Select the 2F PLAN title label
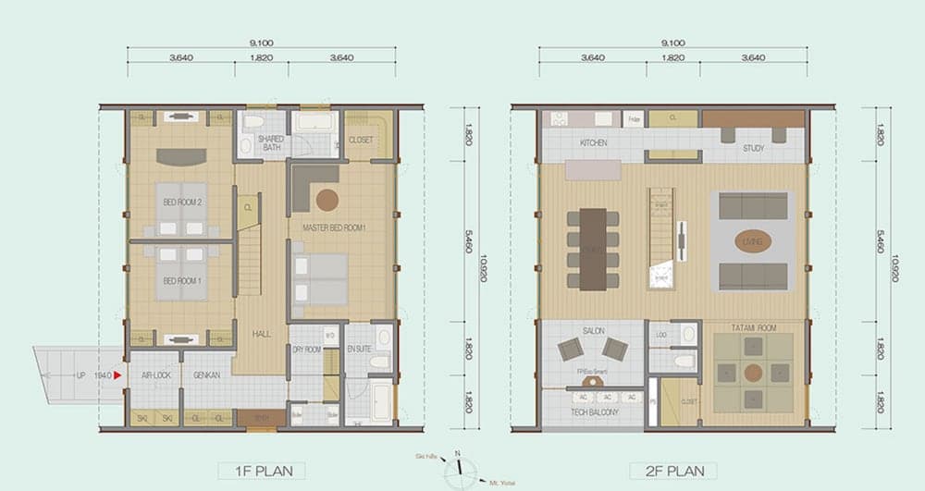tap(672, 471)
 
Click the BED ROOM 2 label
tap(182, 202)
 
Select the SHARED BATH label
tap(271, 143)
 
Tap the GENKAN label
tap(206, 374)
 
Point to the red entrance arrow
tap(117, 375)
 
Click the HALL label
tap(261, 334)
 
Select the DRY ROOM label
tap(306, 350)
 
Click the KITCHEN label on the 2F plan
tap(593, 144)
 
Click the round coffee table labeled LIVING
tap(752, 241)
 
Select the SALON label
tap(593, 330)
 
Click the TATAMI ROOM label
tap(753, 327)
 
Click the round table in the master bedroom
tap(327, 199)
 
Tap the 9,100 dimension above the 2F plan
tap(672, 43)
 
